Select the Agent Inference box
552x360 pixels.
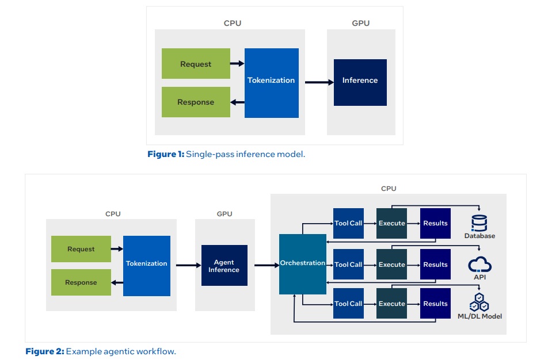pos(224,265)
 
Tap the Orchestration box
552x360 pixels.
pos(302,263)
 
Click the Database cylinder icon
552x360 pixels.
pos(479,223)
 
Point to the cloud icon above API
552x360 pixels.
pos(479,265)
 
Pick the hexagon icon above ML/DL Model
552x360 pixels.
pos(479,302)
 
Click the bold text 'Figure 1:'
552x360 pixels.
pos(165,154)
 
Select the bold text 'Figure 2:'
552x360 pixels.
pos(44,351)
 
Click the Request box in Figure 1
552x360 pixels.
pos(196,64)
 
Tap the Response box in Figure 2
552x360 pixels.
pos(81,282)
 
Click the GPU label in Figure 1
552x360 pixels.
pos(360,24)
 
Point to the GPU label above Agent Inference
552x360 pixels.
pos(224,214)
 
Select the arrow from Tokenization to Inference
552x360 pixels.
pos(319,82)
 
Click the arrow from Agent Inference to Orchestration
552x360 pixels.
pos(267,265)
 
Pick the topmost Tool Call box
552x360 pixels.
pos(348,223)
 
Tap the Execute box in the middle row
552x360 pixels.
pos(391,265)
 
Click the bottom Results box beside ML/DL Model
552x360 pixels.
pos(435,304)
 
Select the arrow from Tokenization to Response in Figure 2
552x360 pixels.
pos(117,282)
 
